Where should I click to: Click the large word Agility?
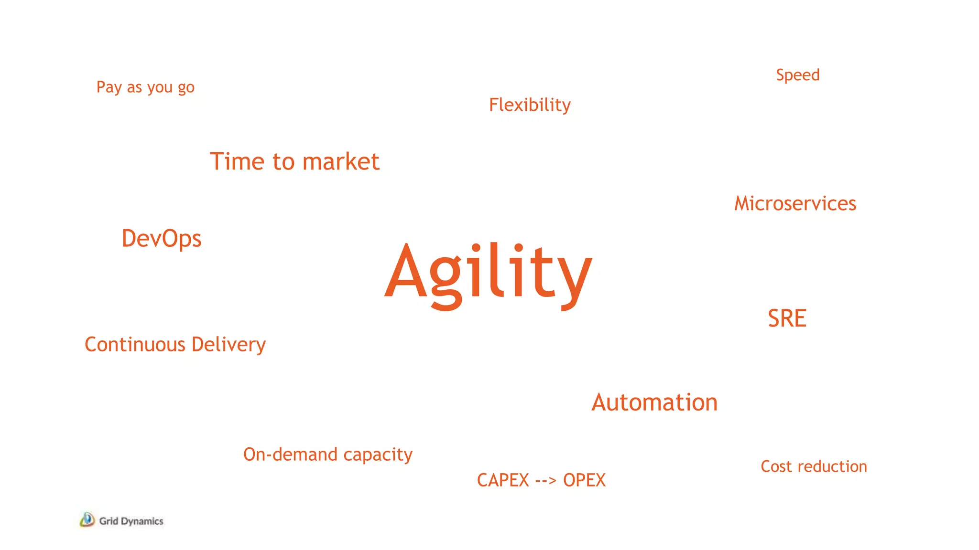click(489, 275)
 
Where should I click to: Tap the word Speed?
click(797, 75)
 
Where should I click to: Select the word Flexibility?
click(530, 105)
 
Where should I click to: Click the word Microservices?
click(795, 204)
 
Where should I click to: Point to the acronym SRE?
click(787, 318)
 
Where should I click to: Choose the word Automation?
click(654, 402)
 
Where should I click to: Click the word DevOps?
click(162, 239)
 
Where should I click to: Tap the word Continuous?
click(135, 345)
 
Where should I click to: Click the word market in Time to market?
click(341, 161)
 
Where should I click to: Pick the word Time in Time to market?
click(238, 161)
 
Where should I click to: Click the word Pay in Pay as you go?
click(109, 87)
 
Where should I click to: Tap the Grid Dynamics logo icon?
click(87, 519)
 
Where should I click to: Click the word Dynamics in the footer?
click(142, 521)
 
